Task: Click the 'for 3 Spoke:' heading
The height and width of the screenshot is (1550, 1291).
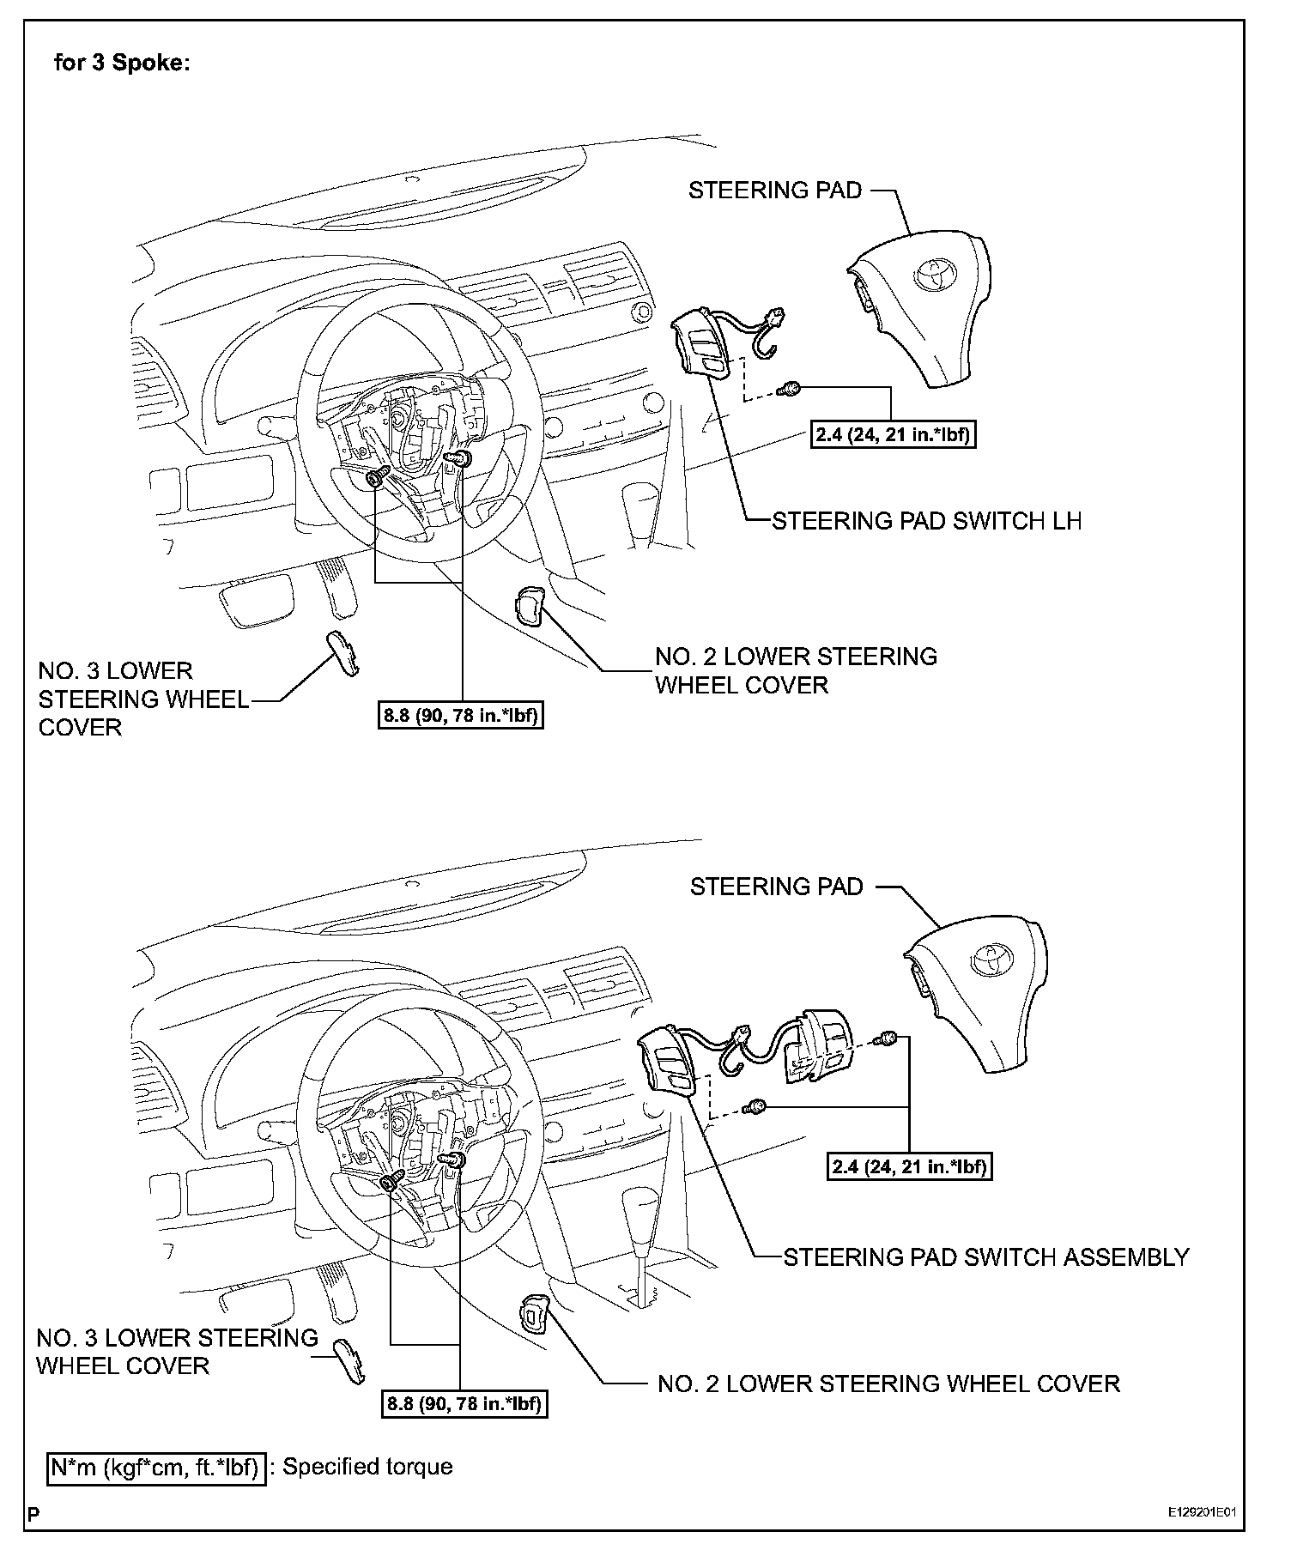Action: (x=121, y=64)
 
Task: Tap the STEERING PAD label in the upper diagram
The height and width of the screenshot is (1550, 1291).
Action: (x=774, y=191)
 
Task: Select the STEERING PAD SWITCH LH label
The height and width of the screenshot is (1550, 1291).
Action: (x=926, y=521)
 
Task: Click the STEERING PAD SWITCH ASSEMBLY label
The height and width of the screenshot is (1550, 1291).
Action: (x=986, y=1257)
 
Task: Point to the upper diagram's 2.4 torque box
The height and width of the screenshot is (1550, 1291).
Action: (x=892, y=435)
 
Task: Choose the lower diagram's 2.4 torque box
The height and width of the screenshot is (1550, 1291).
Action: (x=909, y=1167)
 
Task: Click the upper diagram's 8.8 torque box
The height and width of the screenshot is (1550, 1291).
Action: (x=462, y=715)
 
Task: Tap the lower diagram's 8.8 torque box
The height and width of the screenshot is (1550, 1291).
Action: (x=464, y=1404)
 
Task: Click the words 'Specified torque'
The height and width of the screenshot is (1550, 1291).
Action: (x=367, y=1467)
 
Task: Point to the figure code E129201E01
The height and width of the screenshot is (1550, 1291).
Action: (x=1205, y=1511)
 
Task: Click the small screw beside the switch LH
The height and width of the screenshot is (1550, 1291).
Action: (x=788, y=391)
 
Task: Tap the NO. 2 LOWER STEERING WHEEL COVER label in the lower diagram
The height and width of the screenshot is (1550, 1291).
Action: (x=888, y=1384)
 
